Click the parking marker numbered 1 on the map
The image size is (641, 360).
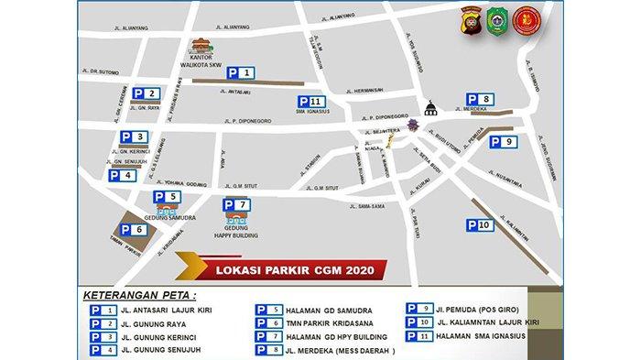pos(241,71)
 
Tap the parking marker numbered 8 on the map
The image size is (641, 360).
pos(482,99)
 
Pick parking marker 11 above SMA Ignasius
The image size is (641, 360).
pos(310,102)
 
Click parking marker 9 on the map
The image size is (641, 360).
pos(505,141)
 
